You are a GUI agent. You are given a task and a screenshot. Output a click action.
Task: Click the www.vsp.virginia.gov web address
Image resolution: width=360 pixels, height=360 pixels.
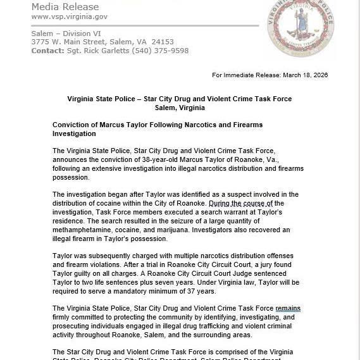click(69, 16)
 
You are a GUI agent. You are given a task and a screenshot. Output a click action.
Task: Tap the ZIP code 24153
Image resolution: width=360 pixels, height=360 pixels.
click(162, 42)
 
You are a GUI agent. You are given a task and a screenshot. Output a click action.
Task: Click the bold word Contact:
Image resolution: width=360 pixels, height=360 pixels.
click(47, 51)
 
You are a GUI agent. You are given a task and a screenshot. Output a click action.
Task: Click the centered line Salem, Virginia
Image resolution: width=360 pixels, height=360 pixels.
click(180, 108)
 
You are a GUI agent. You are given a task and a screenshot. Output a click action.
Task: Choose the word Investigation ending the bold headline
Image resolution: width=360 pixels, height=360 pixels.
click(74, 134)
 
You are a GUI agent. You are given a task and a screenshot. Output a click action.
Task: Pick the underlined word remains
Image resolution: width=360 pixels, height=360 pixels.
click(288, 308)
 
